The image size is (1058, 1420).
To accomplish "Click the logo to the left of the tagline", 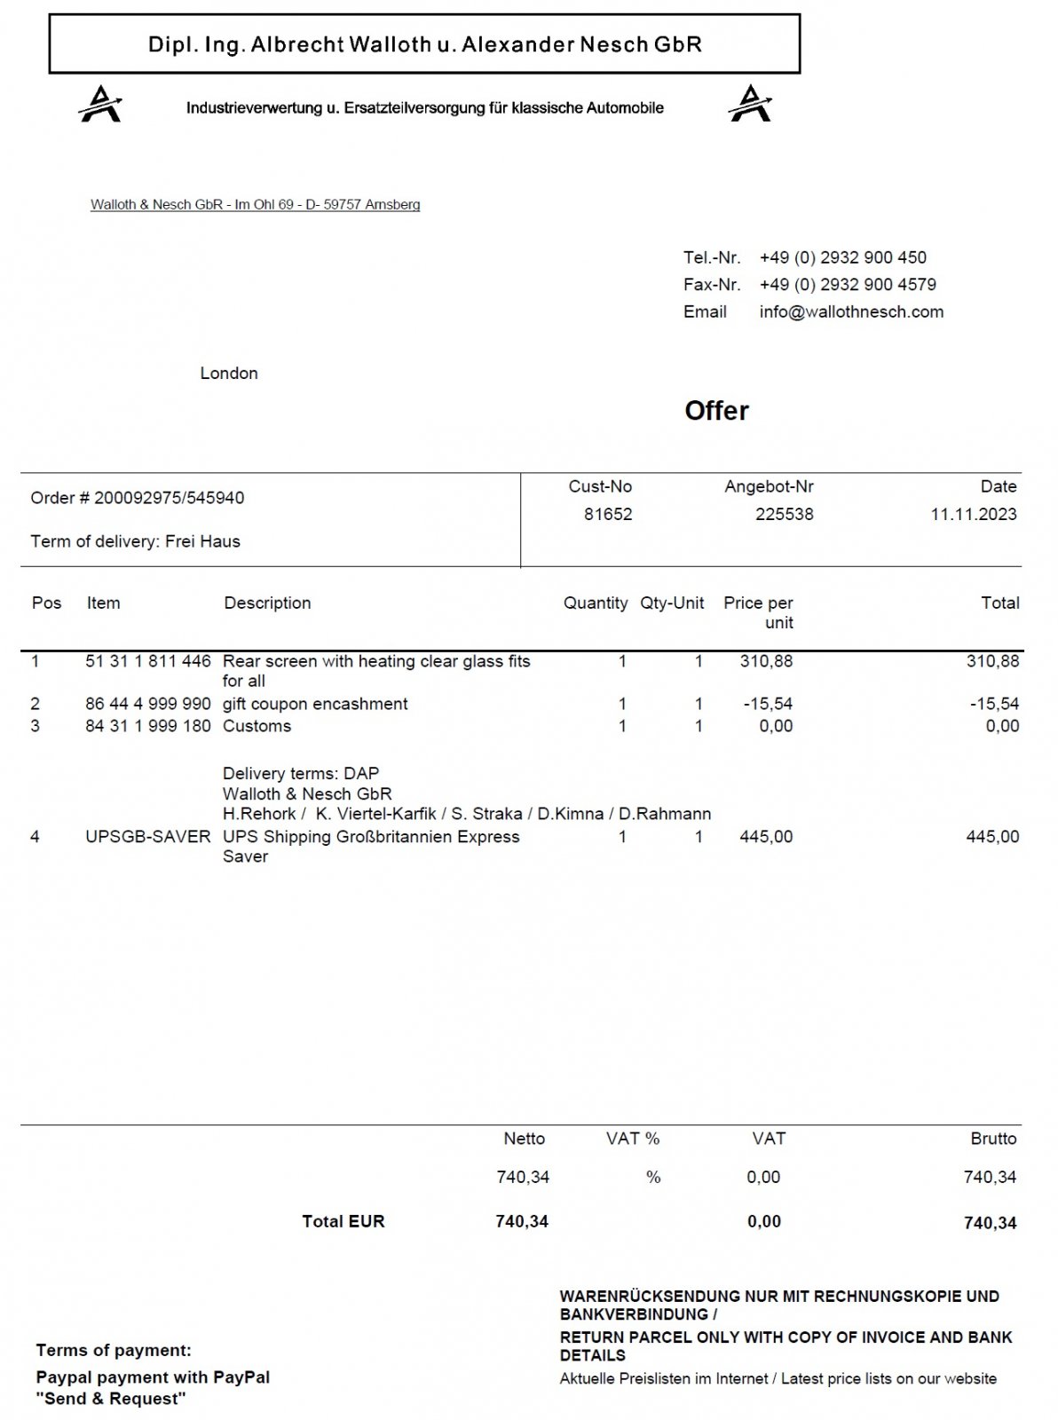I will (100, 104).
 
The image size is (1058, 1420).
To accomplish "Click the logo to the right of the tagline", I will (750, 104).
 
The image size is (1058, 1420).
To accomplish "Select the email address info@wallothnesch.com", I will (851, 312).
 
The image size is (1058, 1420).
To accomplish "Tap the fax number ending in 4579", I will (848, 285).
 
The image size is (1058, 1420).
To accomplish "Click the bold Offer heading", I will (716, 411).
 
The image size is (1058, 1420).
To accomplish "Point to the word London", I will (229, 374).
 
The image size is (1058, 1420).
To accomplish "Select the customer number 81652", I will (608, 514).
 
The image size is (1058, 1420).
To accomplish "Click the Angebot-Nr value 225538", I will (784, 514).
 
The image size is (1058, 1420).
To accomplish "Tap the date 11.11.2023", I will (974, 514).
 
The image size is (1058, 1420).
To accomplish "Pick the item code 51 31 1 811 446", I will (148, 661).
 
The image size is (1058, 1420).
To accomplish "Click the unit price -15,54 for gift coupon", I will (768, 704).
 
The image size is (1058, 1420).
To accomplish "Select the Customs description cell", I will (257, 726).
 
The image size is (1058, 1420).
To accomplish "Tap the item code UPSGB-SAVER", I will (148, 836).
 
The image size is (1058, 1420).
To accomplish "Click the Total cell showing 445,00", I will (992, 836).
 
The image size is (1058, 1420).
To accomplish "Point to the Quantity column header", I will (596, 603).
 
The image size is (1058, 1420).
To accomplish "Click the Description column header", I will (267, 603).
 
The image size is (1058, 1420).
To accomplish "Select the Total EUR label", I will (343, 1221).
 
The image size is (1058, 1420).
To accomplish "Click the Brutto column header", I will (993, 1139).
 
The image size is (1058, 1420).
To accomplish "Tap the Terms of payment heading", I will (114, 1351).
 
